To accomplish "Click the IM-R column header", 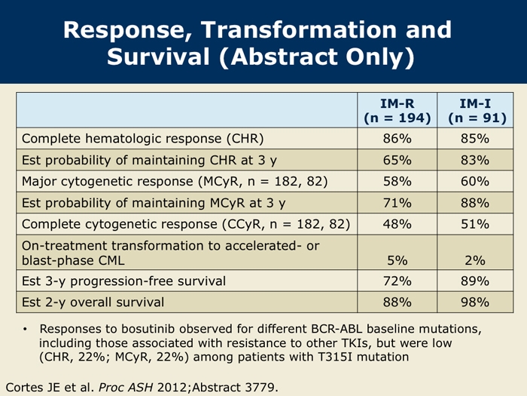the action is (398, 111).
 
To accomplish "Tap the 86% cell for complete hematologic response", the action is (398, 139).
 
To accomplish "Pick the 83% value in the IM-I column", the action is (475, 160).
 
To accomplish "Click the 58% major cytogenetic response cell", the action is (398, 182).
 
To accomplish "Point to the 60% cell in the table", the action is (475, 182).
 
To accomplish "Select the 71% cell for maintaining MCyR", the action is (398, 203).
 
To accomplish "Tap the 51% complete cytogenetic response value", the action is (475, 224).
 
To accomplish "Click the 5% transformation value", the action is (398, 260).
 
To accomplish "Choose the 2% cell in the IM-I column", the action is (475, 260).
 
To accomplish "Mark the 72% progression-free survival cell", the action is (398, 281).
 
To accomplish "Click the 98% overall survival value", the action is (475, 302).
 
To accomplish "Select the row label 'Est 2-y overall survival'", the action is (93, 302).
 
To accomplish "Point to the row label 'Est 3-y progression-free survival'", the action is (123, 281).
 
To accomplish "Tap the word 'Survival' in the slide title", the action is (159, 57).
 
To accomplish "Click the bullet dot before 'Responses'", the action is (25, 329).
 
